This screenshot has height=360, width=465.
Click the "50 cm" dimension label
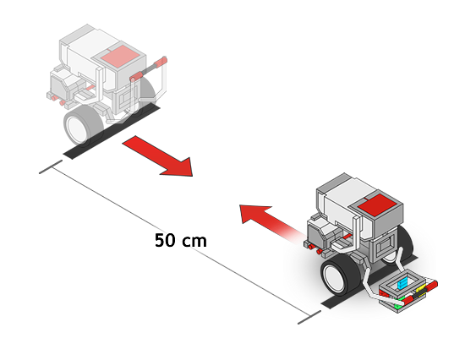coord(181,241)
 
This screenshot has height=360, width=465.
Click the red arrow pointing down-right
coord(157,156)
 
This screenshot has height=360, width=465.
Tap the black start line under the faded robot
coord(112,132)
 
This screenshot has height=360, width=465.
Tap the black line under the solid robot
coord(369,281)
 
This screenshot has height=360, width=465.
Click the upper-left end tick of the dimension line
coord(51,166)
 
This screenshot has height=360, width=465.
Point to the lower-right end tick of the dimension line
coord(309,317)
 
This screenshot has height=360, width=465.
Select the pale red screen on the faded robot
coord(120,57)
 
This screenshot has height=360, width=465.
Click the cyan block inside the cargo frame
coord(402,283)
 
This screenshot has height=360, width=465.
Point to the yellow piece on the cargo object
coord(421,288)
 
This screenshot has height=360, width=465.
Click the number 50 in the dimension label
coord(164,241)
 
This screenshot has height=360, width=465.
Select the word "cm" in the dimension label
coord(194,242)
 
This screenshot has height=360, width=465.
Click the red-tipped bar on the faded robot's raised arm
coord(148,69)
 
